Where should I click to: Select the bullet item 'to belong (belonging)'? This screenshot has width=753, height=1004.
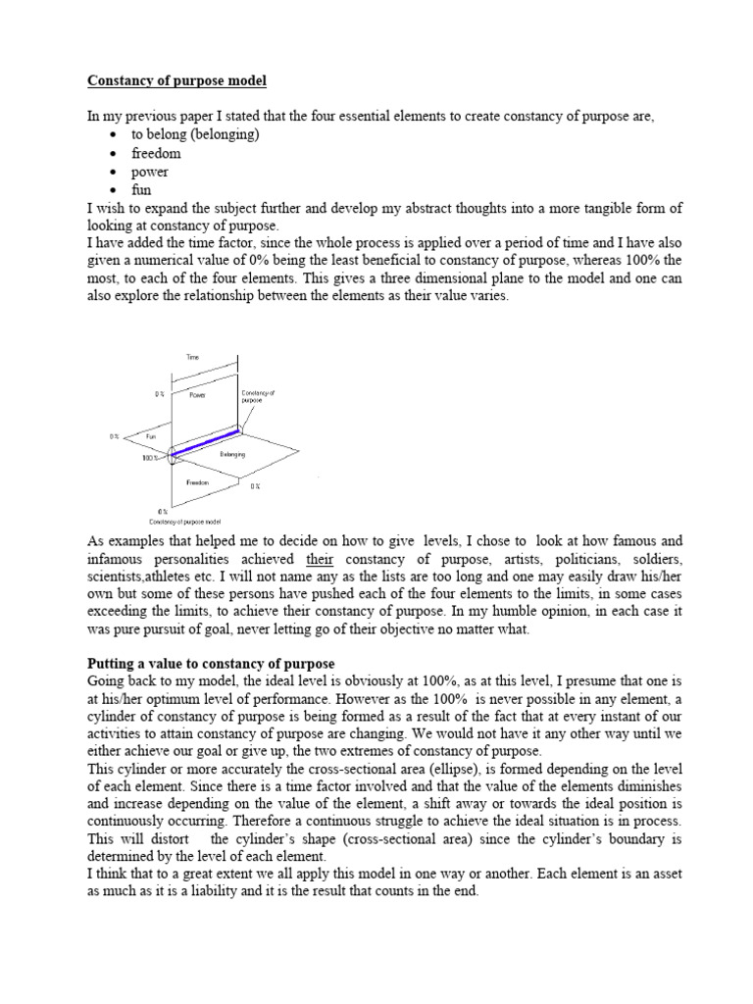click(x=194, y=135)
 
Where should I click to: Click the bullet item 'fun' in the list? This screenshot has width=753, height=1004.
click(x=142, y=190)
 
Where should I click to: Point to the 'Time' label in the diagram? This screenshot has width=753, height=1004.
click(x=192, y=359)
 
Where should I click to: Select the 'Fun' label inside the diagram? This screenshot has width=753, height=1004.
click(x=152, y=435)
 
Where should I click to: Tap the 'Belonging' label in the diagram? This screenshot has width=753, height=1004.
click(x=231, y=455)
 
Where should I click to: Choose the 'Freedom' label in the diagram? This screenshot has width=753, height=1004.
click(x=199, y=482)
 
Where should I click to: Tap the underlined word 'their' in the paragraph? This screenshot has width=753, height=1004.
click(x=321, y=560)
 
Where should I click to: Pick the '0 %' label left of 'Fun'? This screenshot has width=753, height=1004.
click(x=115, y=436)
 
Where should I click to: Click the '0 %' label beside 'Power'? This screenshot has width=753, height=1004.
click(x=158, y=394)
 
